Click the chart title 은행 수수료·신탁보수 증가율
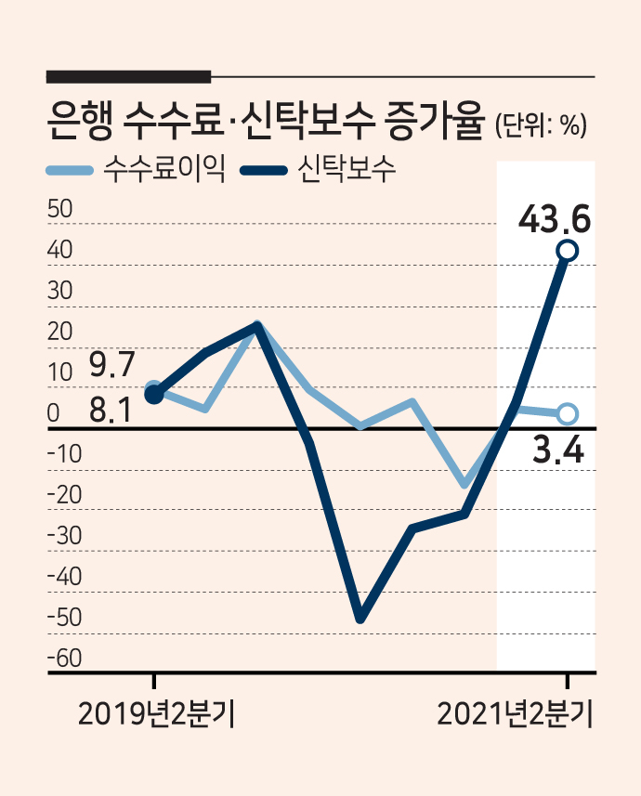click(264, 121)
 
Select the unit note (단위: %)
click(541, 124)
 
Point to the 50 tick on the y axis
click(60, 209)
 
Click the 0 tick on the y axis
click(53, 413)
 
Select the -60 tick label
click(64, 658)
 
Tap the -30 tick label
click(64, 536)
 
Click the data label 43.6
click(555, 219)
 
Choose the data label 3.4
click(558, 450)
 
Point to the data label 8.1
click(111, 410)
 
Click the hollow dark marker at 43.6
click(568, 250)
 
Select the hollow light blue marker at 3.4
click(568, 413)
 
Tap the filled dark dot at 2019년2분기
click(154, 395)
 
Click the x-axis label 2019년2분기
click(156, 715)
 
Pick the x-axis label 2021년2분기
click(515, 715)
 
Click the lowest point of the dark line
click(360, 620)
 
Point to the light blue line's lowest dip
click(464, 484)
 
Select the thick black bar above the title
click(128, 77)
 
